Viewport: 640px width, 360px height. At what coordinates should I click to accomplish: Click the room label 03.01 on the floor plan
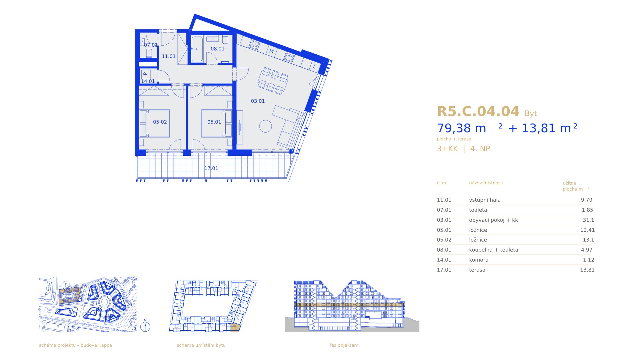[x=258, y=101]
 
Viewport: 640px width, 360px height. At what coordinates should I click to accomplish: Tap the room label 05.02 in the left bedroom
[x=160, y=122]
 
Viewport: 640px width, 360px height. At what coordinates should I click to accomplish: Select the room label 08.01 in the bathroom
[x=217, y=49]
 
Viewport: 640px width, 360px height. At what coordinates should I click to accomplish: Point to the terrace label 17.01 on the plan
[x=211, y=168]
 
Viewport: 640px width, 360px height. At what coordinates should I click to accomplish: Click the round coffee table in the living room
[x=266, y=126]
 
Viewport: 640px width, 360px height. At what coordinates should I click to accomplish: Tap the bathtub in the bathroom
[x=197, y=49]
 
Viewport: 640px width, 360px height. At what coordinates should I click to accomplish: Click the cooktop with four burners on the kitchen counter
[x=254, y=45]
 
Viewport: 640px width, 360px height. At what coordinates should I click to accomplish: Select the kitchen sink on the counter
[x=289, y=58]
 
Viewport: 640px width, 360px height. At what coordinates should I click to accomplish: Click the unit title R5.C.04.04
[x=478, y=111]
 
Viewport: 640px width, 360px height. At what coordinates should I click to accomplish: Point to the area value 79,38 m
[x=462, y=128]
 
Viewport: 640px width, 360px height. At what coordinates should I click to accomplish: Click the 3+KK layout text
[x=447, y=149]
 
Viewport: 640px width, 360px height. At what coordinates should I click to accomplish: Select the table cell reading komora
[x=479, y=260]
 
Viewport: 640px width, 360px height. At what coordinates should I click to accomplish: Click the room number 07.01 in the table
[x=444, y=210]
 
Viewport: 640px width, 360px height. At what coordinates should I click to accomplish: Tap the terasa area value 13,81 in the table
[x=587, y=270]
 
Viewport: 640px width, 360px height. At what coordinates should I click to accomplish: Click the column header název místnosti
[x=486, y=183]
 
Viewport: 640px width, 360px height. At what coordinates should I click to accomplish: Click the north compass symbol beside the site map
[x=145, y=327]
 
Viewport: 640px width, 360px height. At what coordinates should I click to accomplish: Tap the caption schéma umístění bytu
[x=201, y=345]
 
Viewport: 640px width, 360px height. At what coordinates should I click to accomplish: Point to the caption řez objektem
[x=344, y=345]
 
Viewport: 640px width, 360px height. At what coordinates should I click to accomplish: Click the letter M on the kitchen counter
[x=271, y=51]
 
